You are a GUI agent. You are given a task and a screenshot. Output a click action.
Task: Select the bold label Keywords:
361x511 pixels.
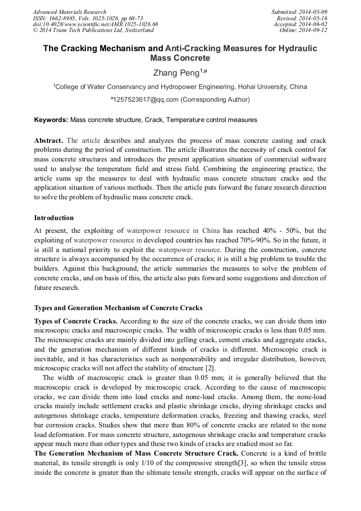[x=51, y=120]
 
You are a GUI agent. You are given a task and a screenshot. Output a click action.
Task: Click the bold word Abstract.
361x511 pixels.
[x=48, y=141]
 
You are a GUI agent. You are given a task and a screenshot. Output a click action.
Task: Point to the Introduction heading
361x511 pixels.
[x=54, y=217]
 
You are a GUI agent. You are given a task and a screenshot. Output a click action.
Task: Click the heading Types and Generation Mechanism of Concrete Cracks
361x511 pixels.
[x=118, y=307]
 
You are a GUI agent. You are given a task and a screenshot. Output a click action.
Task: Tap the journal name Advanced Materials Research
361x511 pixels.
[x=70, y=12]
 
